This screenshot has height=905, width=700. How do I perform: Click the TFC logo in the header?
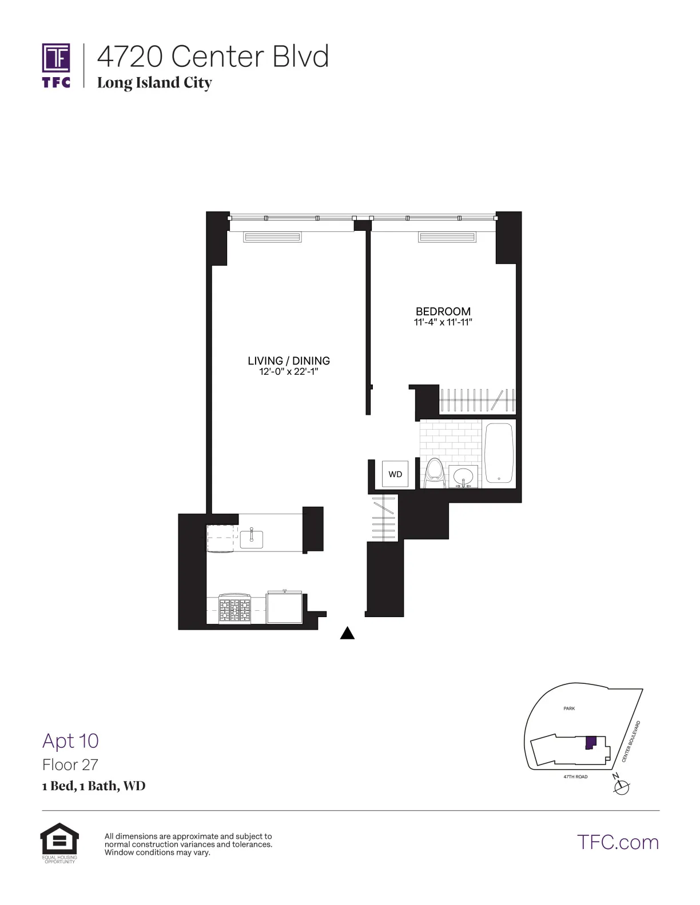[56, 65]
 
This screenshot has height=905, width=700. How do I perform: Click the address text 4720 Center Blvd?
[213, 57]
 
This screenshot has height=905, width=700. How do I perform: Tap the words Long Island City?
[154, 83]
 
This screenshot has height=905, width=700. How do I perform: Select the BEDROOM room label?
[443, 311]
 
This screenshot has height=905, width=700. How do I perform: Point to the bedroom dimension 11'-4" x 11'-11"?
[443, 322]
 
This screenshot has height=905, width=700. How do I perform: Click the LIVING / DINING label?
[288, 361]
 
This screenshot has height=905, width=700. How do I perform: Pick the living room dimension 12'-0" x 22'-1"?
[288, 372]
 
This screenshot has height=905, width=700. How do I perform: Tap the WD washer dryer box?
[395, 474]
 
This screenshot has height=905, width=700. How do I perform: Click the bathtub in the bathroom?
[499, 452]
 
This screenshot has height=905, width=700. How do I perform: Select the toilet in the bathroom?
[435, 473]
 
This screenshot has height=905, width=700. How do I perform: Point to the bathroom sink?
[463, 476]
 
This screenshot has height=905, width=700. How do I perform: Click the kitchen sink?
[251, 538]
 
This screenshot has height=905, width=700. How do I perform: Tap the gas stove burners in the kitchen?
[235, 610]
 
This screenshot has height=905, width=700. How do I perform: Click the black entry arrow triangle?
[347, 633]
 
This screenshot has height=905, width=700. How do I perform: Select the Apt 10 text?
[70, 740]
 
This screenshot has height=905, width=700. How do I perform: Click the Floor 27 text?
[70, 764]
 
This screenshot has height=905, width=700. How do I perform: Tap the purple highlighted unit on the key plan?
[590, 743]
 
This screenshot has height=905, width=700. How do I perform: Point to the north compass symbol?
[621, 787]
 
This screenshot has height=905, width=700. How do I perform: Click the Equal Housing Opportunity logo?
[59, 842]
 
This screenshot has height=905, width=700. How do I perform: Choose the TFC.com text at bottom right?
[618, 842]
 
